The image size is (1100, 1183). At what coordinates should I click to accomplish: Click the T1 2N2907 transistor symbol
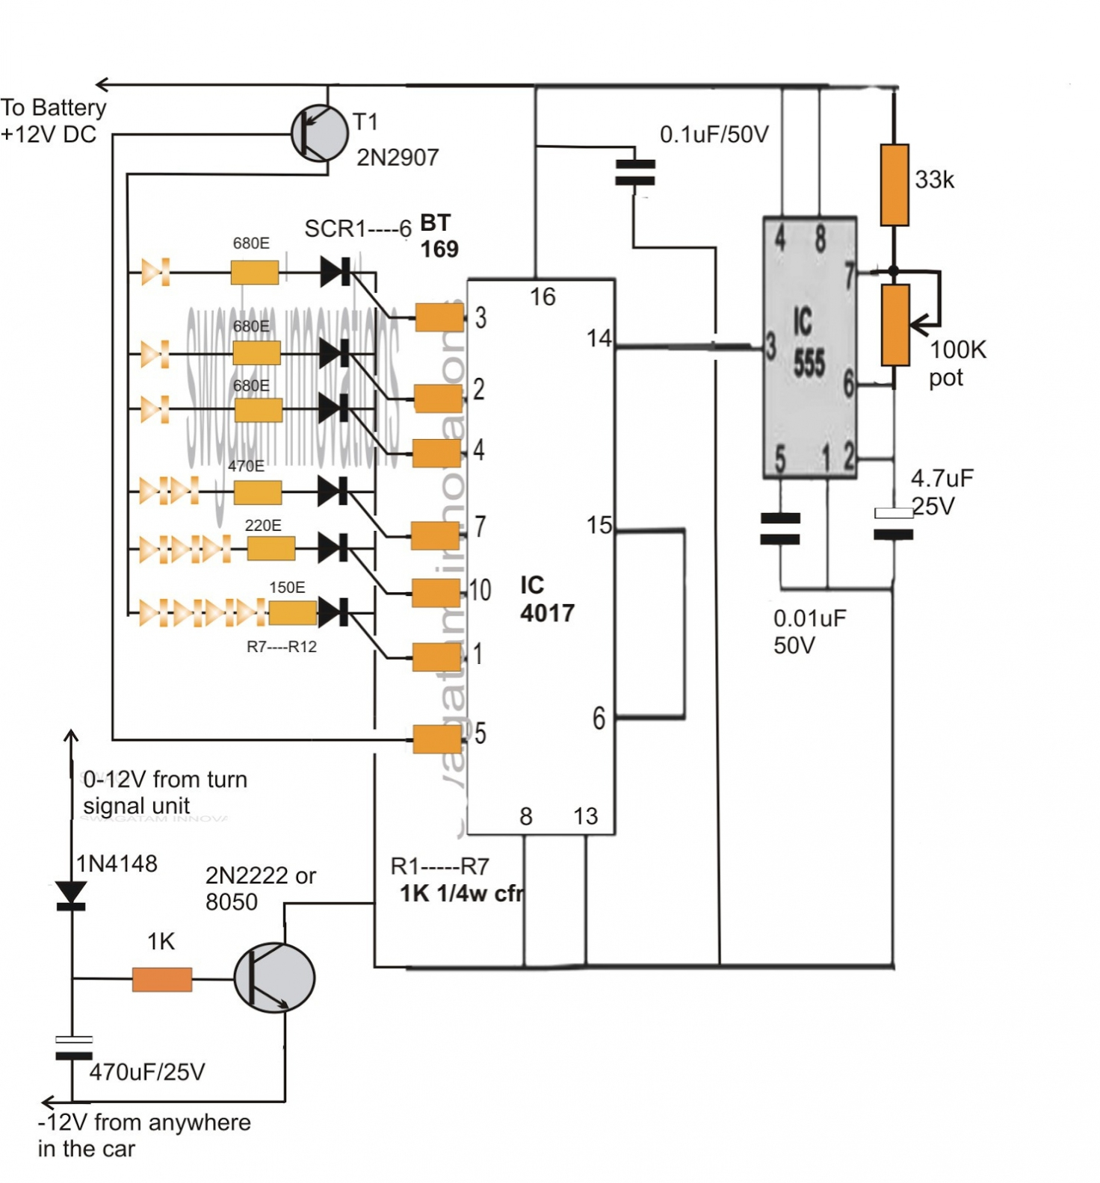[x=320, y=133]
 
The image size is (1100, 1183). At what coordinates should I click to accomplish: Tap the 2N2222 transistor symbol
[x=274, y=978]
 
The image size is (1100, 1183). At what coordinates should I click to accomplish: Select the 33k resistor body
[x=894, y=185]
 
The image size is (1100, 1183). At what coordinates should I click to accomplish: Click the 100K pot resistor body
[x=894, y=325]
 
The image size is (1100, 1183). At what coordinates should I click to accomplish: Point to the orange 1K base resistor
[x=162, y=979]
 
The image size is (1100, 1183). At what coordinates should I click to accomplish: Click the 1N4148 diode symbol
[x=72, y=894]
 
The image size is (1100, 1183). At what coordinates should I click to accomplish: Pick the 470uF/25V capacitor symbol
[x=73, y=1047]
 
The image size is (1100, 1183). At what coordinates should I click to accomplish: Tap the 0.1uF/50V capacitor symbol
[x=634, y=173]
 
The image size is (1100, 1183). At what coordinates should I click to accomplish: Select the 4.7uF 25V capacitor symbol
[x=893, y=524]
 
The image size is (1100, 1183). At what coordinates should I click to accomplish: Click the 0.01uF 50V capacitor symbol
[x=780, y=528]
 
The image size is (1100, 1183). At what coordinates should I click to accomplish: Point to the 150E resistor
[x=292, y=613]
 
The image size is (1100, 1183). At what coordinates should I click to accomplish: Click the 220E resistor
[x=271, y=549]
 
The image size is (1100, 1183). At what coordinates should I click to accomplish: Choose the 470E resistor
[x=258, y=492]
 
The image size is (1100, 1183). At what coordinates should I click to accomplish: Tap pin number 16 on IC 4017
[x=543, y=297]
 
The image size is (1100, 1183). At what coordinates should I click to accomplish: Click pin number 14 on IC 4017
[x=599, y=339]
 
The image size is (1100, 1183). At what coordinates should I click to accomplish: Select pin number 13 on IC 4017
[x=586, y=816]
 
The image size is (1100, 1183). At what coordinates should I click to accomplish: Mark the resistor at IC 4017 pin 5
[x=437, y=739]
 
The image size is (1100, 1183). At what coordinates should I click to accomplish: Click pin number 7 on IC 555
[x=849, y=276]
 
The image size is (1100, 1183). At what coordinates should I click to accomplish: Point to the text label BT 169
[x=439, y=235]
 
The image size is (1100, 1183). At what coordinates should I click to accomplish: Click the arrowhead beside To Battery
[x=103, y=84]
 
